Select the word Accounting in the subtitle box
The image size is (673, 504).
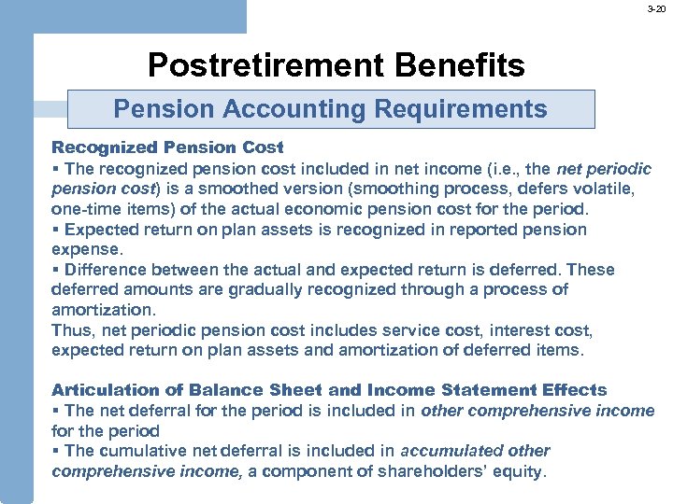tap(294, 109)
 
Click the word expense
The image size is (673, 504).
tap(83, 249)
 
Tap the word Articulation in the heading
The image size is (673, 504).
tap(101, 390)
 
